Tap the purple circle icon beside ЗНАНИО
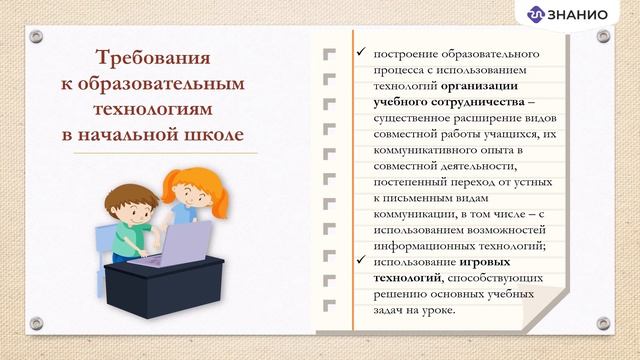click(x=536, y=14)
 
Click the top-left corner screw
click(x=36, y=36)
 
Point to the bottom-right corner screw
click(x=603, y=322)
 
